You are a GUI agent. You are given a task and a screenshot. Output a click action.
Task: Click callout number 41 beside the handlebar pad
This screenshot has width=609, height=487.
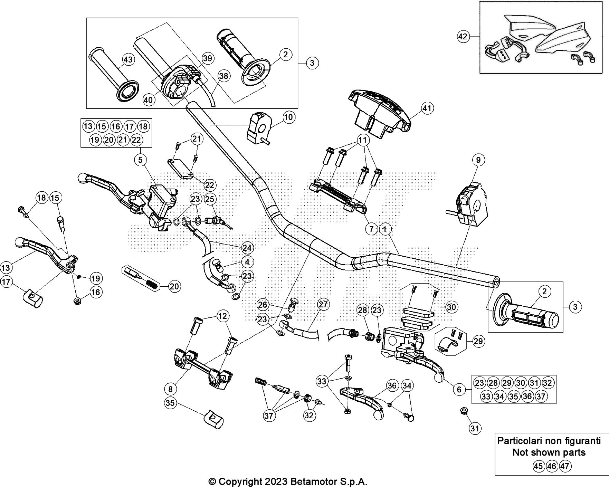coord(427,108)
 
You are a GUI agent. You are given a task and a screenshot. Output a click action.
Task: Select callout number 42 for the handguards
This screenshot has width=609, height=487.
coord(464,37)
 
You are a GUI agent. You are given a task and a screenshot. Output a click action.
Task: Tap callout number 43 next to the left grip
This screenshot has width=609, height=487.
coord(128,60)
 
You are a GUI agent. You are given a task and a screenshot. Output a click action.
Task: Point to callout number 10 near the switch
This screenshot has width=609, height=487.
coord(288,117)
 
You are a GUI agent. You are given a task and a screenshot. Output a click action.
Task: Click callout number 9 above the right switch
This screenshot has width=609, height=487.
coord(478,160)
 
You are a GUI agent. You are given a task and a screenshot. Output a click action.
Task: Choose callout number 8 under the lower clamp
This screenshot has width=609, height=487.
coord(170,389)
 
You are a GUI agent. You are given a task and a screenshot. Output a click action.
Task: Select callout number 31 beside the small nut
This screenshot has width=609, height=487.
coord(475,428)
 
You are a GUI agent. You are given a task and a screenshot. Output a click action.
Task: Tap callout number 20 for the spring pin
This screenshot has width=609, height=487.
coord(175,286)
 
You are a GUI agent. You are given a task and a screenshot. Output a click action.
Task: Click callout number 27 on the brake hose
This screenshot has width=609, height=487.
coord(323,304)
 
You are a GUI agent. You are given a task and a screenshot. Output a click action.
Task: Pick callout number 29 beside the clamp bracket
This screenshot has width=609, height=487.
coord(478,341)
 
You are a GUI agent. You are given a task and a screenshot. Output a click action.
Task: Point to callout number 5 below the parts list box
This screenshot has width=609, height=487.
coord(140,160)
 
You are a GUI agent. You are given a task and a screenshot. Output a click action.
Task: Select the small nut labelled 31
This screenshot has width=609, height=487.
coord(464,411)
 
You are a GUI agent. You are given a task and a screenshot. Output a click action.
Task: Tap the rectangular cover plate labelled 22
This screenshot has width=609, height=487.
coord(181,168)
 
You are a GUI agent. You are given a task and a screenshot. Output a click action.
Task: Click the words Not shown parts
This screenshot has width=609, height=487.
coord(549,452)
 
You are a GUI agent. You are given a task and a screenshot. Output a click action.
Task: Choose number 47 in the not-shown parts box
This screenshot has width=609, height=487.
coord(564,466)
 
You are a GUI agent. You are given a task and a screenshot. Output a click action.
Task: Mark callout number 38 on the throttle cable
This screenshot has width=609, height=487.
coord(224,76)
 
